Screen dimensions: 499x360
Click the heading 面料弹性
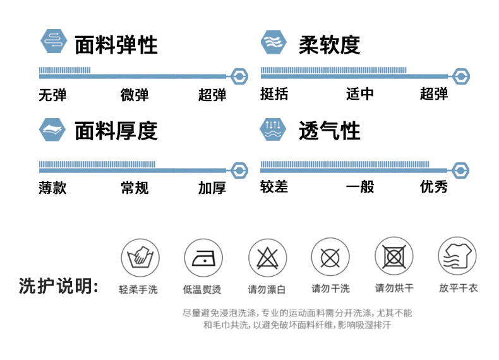(x=116, y=45)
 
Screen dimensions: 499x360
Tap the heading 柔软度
(x=329, y=45)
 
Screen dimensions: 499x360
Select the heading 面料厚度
(x=116, y=131)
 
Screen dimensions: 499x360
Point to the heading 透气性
(x=329, y=131)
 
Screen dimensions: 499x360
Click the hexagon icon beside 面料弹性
(x=54, y=41)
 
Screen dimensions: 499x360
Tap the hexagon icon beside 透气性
(x=273, y=129)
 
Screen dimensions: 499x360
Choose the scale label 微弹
(x=135, y=95)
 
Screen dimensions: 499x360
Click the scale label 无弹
(x=52, y=95)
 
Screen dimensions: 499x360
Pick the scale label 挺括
(x=274, y=94)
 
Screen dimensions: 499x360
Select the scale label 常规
(x=135, y=188)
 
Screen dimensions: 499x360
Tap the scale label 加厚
(x=212, y=188)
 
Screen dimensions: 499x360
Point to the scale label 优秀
(x=434, y=186)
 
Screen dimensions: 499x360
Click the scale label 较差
(x=274, y=186)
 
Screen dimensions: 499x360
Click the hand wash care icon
(x=140, y=258)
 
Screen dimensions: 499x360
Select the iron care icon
(x=203, y=258)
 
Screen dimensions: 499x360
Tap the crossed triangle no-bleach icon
(x=267, y=258)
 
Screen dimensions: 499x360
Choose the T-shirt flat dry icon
(x=457, y=256)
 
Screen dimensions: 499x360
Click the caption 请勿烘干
(x=394, y=288)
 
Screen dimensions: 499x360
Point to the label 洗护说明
(x=59, y=286)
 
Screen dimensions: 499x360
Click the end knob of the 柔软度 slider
(x=461, y=76)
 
